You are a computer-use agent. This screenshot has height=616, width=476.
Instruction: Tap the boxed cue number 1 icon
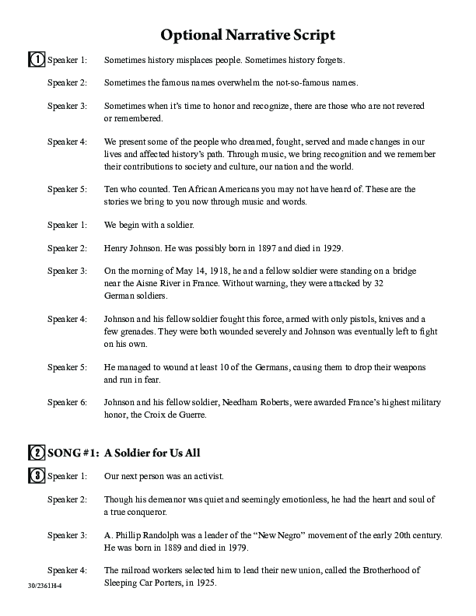36,60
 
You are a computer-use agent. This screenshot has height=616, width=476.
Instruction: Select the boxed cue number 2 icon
36,453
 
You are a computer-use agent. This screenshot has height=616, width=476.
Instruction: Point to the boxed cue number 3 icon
36,475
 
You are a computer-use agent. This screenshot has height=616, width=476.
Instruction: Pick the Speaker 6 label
68,402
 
